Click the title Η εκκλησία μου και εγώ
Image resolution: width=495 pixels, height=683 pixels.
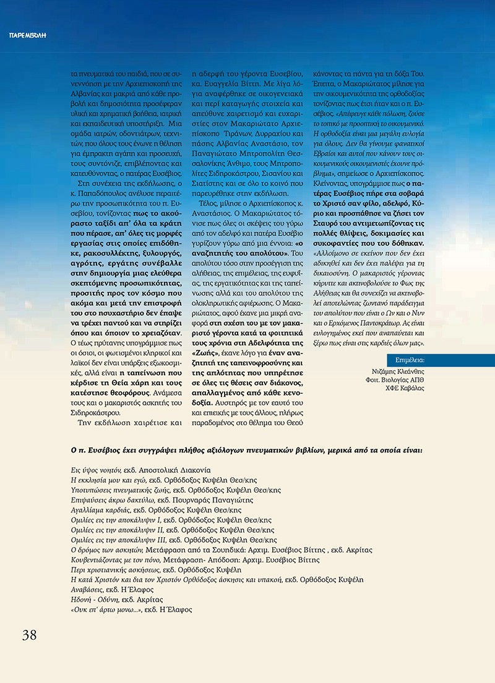pyautogui.click(x=110, y=480)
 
